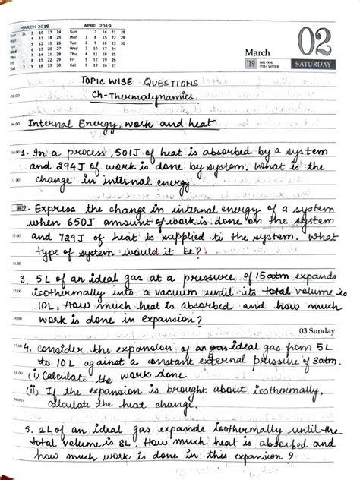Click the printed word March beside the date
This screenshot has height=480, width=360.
click(x=257, y=52)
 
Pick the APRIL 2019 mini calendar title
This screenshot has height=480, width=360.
click(x=97, y=25)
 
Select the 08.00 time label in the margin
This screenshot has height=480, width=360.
click(x=15, y=97)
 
